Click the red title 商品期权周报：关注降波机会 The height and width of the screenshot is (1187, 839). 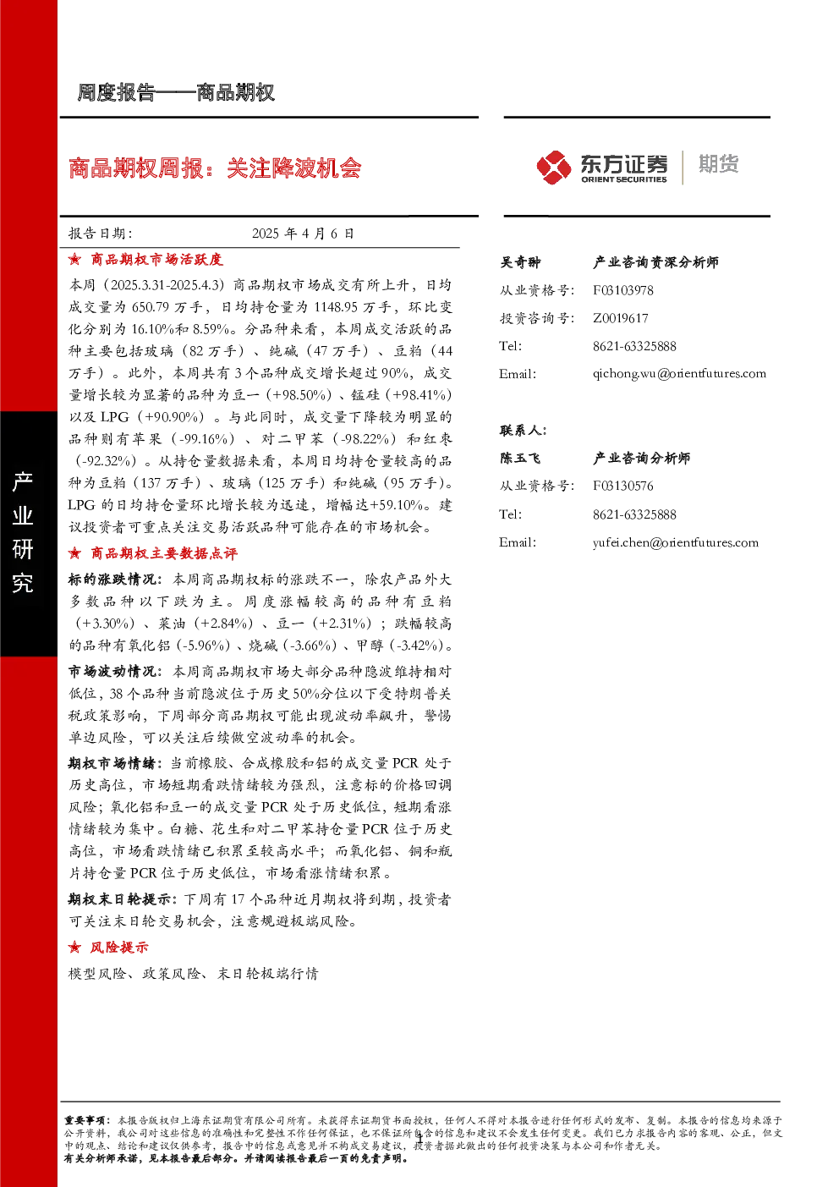(215, 168)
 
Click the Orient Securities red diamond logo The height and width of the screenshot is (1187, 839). (553, 167)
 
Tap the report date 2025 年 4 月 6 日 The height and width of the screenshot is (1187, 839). (303, 234)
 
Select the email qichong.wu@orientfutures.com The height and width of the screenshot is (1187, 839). (679, 374)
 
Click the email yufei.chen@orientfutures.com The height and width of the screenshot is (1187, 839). (675, 542)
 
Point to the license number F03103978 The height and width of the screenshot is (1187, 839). (622, 290)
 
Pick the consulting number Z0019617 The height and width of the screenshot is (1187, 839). (620, 318)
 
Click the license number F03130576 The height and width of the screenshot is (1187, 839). (622, 486)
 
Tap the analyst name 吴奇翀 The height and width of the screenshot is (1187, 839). (520, 262)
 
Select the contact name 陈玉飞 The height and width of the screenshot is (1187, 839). (520, 458)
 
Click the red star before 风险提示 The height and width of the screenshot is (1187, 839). (74, 947)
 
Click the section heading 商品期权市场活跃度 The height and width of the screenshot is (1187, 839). (156, 260)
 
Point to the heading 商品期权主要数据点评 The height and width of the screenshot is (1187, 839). (164, 554)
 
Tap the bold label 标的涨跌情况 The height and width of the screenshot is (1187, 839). (112, 580)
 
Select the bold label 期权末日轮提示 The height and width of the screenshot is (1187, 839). (119, 899)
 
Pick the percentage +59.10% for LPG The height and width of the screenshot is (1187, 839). (396, 505)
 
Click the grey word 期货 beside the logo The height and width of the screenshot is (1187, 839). (718, 164)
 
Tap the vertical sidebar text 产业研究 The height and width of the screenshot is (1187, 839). (23, 532)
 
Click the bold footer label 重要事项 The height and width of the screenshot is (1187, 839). (85, 1121)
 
